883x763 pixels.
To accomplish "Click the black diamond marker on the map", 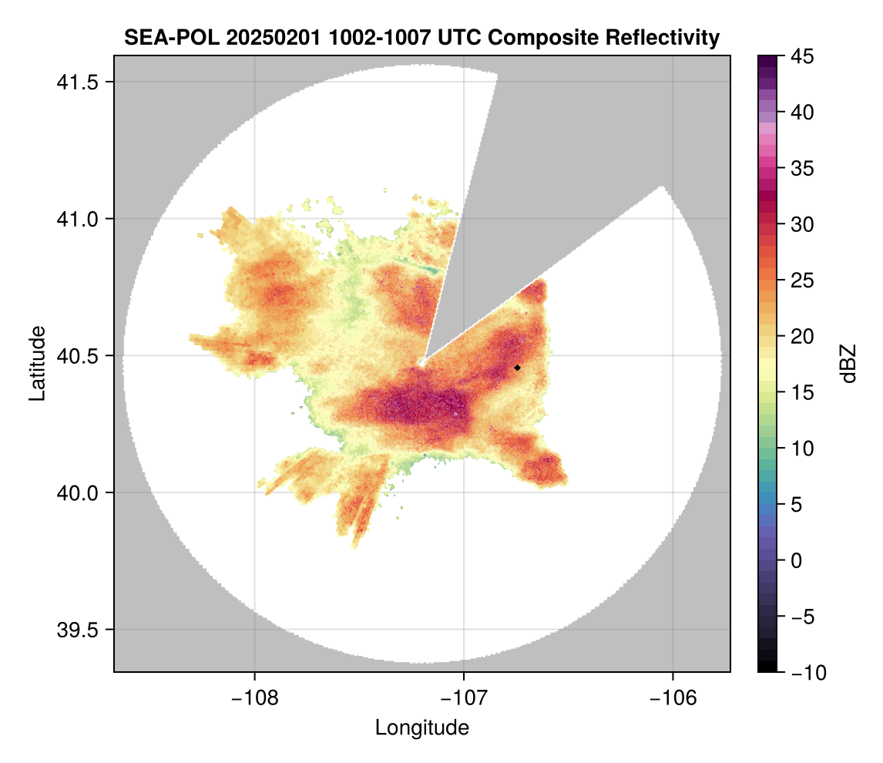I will (517, 368).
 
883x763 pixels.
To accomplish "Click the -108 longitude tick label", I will (253, 697).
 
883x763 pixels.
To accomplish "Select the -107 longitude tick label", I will (464, 697).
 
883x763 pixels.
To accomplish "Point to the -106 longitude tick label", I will (673, 697).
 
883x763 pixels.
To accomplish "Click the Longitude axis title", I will (421, 727).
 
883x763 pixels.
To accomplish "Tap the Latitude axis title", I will (37, 363).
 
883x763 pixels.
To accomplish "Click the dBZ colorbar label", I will (848, 363).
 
